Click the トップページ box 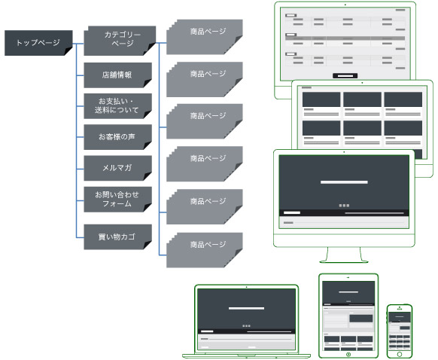[x=38, y=43]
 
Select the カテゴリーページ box [x=120, y=41]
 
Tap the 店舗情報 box [x=118, y=75]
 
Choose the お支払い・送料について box [x=118, y=106]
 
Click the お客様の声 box [x=118, y=137]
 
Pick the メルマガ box [x=118, y=168]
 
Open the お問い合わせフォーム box [x=118, y=200]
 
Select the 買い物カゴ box [x=118, y=236]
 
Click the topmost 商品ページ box [x=205, y=37]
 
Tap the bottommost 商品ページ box [x=205, y=250]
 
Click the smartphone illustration [x=400, y=331]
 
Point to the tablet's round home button [x=348, y=355]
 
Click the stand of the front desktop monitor [x=344, y=255]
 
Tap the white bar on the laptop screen [x=246, y=308]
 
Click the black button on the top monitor [x=345, y=75]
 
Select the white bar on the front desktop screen [x=344, y=182]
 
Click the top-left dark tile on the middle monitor [x=321, y=99]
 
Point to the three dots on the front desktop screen [x=344, y=206]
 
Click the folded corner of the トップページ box [x=69, y=51]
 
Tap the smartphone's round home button [x=400, y=355]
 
